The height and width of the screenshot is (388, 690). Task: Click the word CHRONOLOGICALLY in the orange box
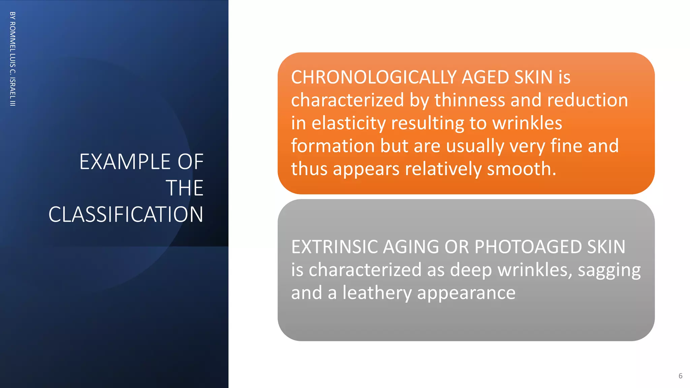(374, 77)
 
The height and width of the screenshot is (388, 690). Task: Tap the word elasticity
(349, 123)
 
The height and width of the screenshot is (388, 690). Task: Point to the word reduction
(588, 100)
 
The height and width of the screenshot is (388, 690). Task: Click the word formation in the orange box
(333, 146)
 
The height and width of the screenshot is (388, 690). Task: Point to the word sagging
(609, 270)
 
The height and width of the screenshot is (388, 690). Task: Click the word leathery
(377, 293)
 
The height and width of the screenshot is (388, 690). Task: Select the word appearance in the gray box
(466, 293)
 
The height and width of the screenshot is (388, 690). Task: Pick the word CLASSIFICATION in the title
(126, 214)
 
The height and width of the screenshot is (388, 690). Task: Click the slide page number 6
(680, 376)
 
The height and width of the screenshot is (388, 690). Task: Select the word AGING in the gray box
(411, 247)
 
